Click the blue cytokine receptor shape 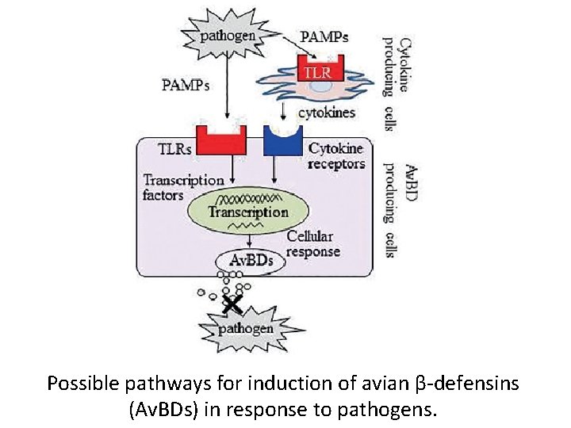point(282,141)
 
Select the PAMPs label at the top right point(324,36)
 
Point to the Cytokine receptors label point(336,156)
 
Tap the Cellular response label point(313,244)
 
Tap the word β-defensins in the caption point(467,384)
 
